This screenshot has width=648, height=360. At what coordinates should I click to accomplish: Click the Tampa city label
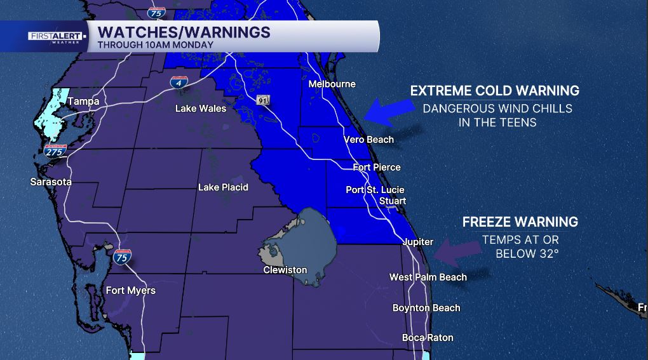coord(83,101)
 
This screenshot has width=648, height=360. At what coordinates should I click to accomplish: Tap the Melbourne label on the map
coord(332,84)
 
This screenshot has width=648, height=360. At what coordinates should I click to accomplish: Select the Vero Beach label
coord(368,139)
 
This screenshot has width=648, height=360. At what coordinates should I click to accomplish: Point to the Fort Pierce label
coord(377,167)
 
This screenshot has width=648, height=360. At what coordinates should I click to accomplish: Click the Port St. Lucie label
coord(375,189)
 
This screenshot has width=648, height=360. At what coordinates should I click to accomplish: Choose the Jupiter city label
coord(417,241)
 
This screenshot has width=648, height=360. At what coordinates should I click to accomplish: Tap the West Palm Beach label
coord(428,277)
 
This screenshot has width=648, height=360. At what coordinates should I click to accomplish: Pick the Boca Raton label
coord(428,337)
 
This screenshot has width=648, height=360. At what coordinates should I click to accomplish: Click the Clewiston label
coord(285,270)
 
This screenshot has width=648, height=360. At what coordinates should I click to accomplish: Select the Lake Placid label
coord(223,187)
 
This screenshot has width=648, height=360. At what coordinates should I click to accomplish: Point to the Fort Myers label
coord(130,290)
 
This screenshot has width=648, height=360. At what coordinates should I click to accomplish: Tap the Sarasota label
coord(51,182)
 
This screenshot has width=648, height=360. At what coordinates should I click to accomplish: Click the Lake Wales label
coord(201,109)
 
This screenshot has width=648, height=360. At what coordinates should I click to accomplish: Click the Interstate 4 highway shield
coord(179,83)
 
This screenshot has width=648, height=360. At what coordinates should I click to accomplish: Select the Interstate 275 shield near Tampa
coord(56,150)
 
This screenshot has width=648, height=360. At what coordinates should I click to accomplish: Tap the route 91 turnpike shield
coord(264,100)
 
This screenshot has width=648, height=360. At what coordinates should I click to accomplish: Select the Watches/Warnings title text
coord(184,32)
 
